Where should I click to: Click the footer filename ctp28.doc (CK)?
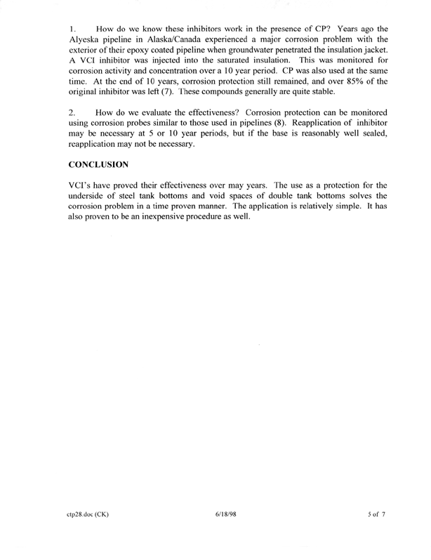pos(88,514)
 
